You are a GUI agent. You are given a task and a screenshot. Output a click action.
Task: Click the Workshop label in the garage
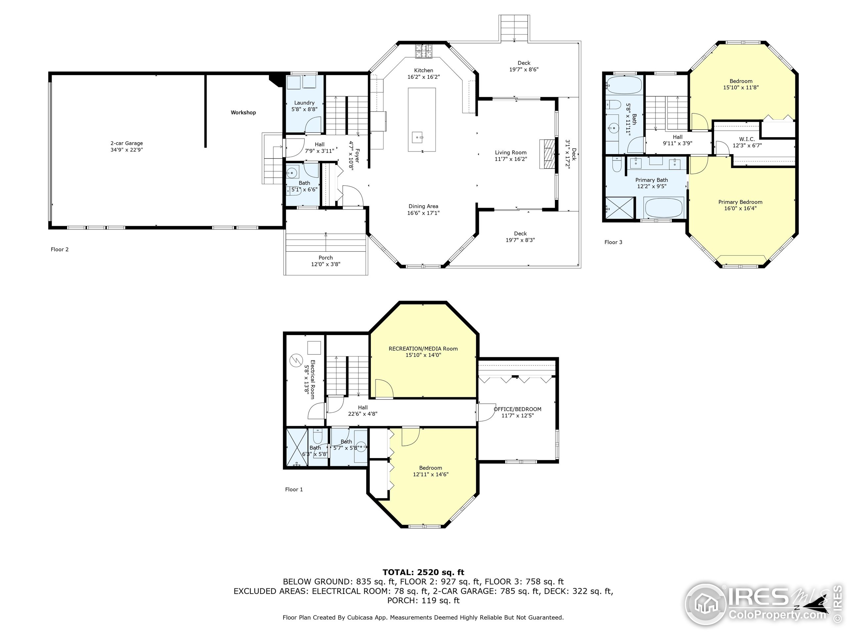pos(243,112)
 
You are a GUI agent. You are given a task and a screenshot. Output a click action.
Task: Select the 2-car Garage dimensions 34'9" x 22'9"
pos(127,150)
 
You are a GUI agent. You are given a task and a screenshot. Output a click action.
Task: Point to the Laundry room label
pos(304,103)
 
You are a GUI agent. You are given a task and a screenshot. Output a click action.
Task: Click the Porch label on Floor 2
pos(326,258)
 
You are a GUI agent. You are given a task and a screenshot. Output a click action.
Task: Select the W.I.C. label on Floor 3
pos(747,139)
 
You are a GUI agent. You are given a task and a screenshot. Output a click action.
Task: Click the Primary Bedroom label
pos(740,202)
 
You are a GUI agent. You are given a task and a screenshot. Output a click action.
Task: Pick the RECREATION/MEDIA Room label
pos(423,349)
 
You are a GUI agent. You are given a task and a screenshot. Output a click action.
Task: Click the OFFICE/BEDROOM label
pos(517,409)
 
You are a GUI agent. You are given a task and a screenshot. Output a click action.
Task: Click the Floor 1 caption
pos(294,489)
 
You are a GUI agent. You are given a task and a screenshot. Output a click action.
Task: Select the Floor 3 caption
pos(613,242)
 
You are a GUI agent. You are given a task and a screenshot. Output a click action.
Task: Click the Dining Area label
pos(423,206)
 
